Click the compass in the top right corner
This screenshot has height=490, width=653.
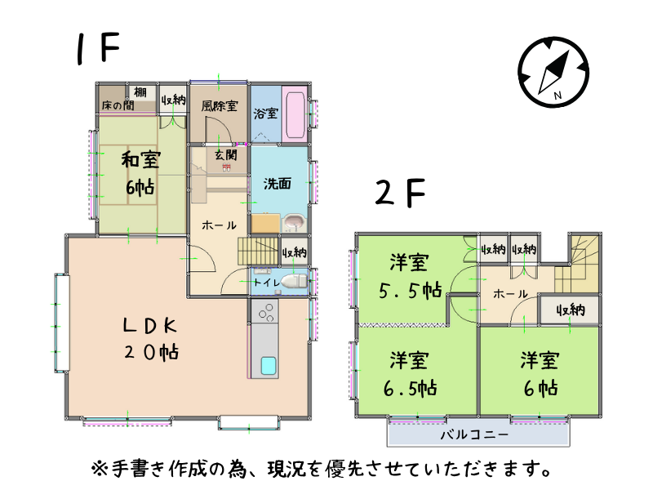tap(553, 72)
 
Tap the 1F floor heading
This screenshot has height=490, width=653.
tap(98, 48)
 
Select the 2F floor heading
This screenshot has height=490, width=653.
tap(400, 193)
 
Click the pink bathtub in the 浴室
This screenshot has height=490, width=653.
tap(294, 114)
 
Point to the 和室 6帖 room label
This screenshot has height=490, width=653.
tap(140, 173)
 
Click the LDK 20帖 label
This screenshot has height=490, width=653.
tap(151, 338)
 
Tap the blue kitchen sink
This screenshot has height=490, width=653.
tap(269, 365)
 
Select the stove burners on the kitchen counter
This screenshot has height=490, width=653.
tap(266, 311)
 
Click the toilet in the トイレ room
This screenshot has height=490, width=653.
tap(294, 281)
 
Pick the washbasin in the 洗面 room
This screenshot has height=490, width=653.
tap(294, 223)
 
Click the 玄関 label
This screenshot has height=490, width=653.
tap(226, 155)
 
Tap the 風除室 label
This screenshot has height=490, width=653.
tap(220, 106)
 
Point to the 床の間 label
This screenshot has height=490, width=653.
tap(118, 105)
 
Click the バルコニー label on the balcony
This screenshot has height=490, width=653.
tap(474, 434)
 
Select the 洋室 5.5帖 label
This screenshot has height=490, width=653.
tap(411, 276)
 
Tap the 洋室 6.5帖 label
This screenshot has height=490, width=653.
tap(411, 374)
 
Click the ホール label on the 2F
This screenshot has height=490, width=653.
tap(510, 294)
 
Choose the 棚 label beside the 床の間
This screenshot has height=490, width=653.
tap(140, 92)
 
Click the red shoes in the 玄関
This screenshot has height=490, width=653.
tap(226, 167)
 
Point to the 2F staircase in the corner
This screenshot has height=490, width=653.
tap(578, 264)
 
